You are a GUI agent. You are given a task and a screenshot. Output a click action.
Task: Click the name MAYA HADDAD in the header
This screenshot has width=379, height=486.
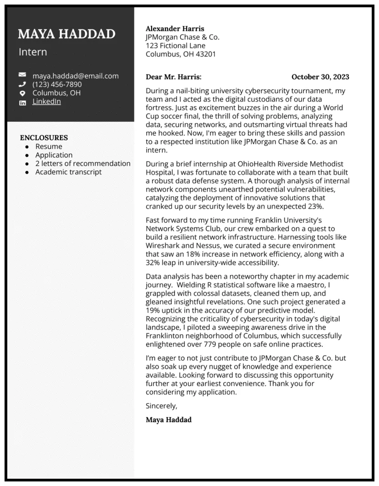click(x=67, y=34)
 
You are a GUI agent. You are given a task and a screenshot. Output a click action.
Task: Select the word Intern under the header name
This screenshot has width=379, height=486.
click(x=33, y=52)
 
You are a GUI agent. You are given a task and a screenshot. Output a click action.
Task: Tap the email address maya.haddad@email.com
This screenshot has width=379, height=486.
click(x=75, y=76)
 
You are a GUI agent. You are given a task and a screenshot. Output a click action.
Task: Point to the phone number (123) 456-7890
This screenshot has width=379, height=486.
click(x=57, y=84)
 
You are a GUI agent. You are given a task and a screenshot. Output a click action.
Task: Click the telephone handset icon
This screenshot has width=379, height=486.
click(x=22, y=84)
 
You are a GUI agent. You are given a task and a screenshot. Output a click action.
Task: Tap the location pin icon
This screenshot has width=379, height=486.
click(x=22, y=93)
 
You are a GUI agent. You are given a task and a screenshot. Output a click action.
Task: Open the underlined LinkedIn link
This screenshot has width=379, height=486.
click(x=46, y=102)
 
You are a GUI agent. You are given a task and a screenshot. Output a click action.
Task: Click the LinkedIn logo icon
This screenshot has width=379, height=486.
click(x=22, y=102)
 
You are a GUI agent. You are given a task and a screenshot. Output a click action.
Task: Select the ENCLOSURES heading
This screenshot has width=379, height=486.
click(x=44, y=138)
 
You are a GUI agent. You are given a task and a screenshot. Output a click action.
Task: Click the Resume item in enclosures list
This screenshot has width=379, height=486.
click(x=49, y=146)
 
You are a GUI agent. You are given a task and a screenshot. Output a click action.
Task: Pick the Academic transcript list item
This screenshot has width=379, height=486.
click(x=68, y=172)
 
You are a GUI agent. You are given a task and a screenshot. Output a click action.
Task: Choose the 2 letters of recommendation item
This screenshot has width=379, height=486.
click(x=83, y=164)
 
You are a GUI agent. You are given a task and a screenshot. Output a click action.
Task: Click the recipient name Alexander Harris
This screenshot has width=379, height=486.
click(x=175, y=29)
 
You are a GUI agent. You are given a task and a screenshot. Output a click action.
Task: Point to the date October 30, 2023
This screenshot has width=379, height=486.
click(x=320, y=77)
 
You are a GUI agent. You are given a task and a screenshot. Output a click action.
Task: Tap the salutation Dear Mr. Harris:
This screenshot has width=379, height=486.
click(x=174, y=77)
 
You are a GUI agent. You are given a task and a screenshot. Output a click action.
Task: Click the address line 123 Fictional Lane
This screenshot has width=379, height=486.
click(x=175, y=46)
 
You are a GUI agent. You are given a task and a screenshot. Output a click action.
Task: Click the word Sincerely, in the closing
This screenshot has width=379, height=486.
click(x=161, y=405)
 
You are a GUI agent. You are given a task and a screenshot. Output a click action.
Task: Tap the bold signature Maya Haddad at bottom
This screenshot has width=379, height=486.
click(x=169, y=419)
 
